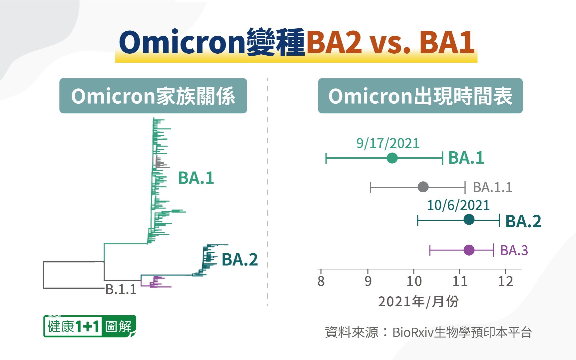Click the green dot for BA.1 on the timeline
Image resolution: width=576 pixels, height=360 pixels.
tap(392, 158)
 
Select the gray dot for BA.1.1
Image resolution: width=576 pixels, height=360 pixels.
tap(423, 187)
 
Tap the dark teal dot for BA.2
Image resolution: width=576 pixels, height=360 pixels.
tap(469, 220)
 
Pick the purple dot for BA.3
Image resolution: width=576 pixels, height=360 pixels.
tap(469, 250)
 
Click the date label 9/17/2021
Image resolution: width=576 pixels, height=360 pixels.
tap(388, 143)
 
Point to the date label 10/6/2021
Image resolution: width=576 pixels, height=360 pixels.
tap(458, 205)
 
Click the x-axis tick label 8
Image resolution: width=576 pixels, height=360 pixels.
tap(321, 281)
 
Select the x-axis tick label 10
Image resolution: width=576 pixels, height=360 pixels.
tap(414, 281)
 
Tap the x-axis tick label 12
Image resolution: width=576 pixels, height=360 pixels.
tap(505, 281)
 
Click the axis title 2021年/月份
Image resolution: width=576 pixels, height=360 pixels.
tap(418, 302)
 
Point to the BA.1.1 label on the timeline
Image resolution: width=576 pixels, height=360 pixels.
tap(492, 187)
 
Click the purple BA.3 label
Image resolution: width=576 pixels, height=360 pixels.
tap(514, 250)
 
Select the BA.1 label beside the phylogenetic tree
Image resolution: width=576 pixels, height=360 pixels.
tap(196, 178)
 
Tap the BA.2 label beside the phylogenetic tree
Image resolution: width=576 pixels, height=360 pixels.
tap(240, 260)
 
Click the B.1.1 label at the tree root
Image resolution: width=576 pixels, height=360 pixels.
tap(121, 289)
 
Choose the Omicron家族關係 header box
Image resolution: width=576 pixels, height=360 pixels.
tap(153, 96)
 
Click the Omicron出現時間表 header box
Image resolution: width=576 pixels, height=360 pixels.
tap(420, 96)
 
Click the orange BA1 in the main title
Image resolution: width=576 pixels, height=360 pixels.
tap(447, 42)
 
